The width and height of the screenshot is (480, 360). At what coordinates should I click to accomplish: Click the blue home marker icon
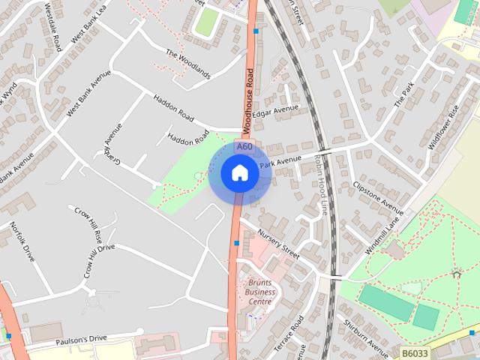click(x=239, y=173)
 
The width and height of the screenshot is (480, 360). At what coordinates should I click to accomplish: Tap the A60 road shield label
click(x=244, y=147)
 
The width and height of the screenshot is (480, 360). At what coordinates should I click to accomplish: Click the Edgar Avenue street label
click(x=275, y=111)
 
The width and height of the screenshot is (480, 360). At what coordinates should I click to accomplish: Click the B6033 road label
click(x=415, y=352)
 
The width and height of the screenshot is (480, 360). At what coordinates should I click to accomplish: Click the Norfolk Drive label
click(x=23, y=241)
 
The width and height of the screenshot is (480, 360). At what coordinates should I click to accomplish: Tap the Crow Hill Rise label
click(x=88, y=222)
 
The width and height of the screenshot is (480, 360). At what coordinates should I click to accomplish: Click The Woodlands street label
click(x=188, y=64)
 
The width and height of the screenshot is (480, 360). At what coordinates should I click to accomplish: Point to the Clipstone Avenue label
click(x=378, y=193)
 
